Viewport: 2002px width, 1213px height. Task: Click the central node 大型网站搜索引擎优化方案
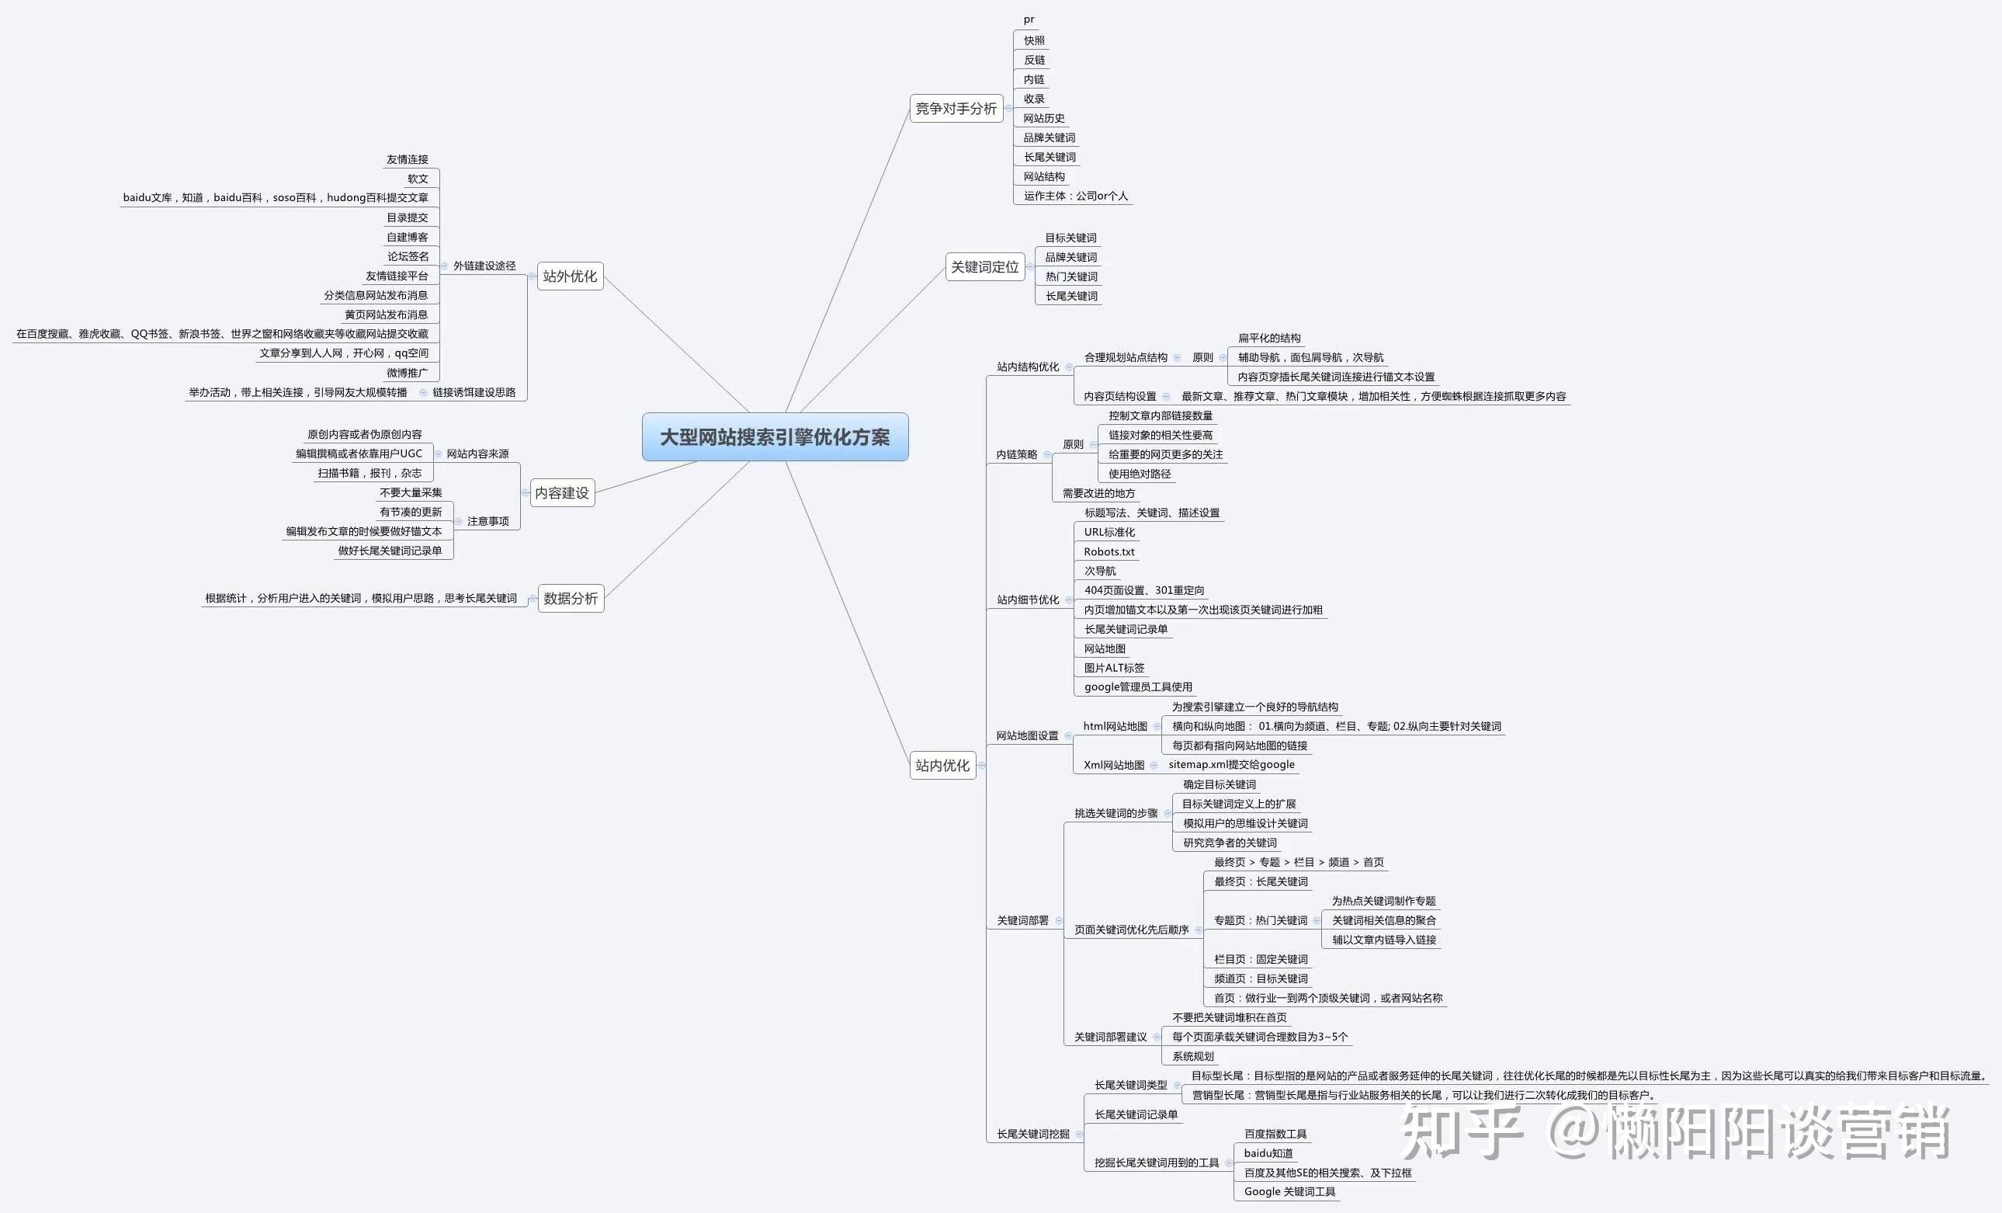coord(775,436)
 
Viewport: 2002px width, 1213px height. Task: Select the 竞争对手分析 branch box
coord(956,108)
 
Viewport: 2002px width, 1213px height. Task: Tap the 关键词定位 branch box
coord(985,266)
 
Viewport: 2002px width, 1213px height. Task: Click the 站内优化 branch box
coord(942,765)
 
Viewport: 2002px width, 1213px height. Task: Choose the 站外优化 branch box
coord(571,276)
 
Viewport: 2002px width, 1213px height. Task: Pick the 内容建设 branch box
coord(562,492)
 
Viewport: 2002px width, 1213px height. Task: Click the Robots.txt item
coord(1109,552)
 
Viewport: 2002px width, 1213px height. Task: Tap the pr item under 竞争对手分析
coord(1029,19)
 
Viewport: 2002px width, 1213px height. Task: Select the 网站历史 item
coord(1044,119)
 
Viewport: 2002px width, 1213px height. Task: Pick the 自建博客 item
coord(407,238)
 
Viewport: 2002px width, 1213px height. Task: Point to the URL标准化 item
coord(1109,533)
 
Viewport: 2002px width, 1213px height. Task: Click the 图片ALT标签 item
coord(1114,669)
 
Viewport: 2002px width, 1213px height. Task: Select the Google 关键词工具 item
coord(1289,1192)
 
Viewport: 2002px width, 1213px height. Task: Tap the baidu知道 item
coord(1268,1154)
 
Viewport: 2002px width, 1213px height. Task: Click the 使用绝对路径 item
coord(1140,474)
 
